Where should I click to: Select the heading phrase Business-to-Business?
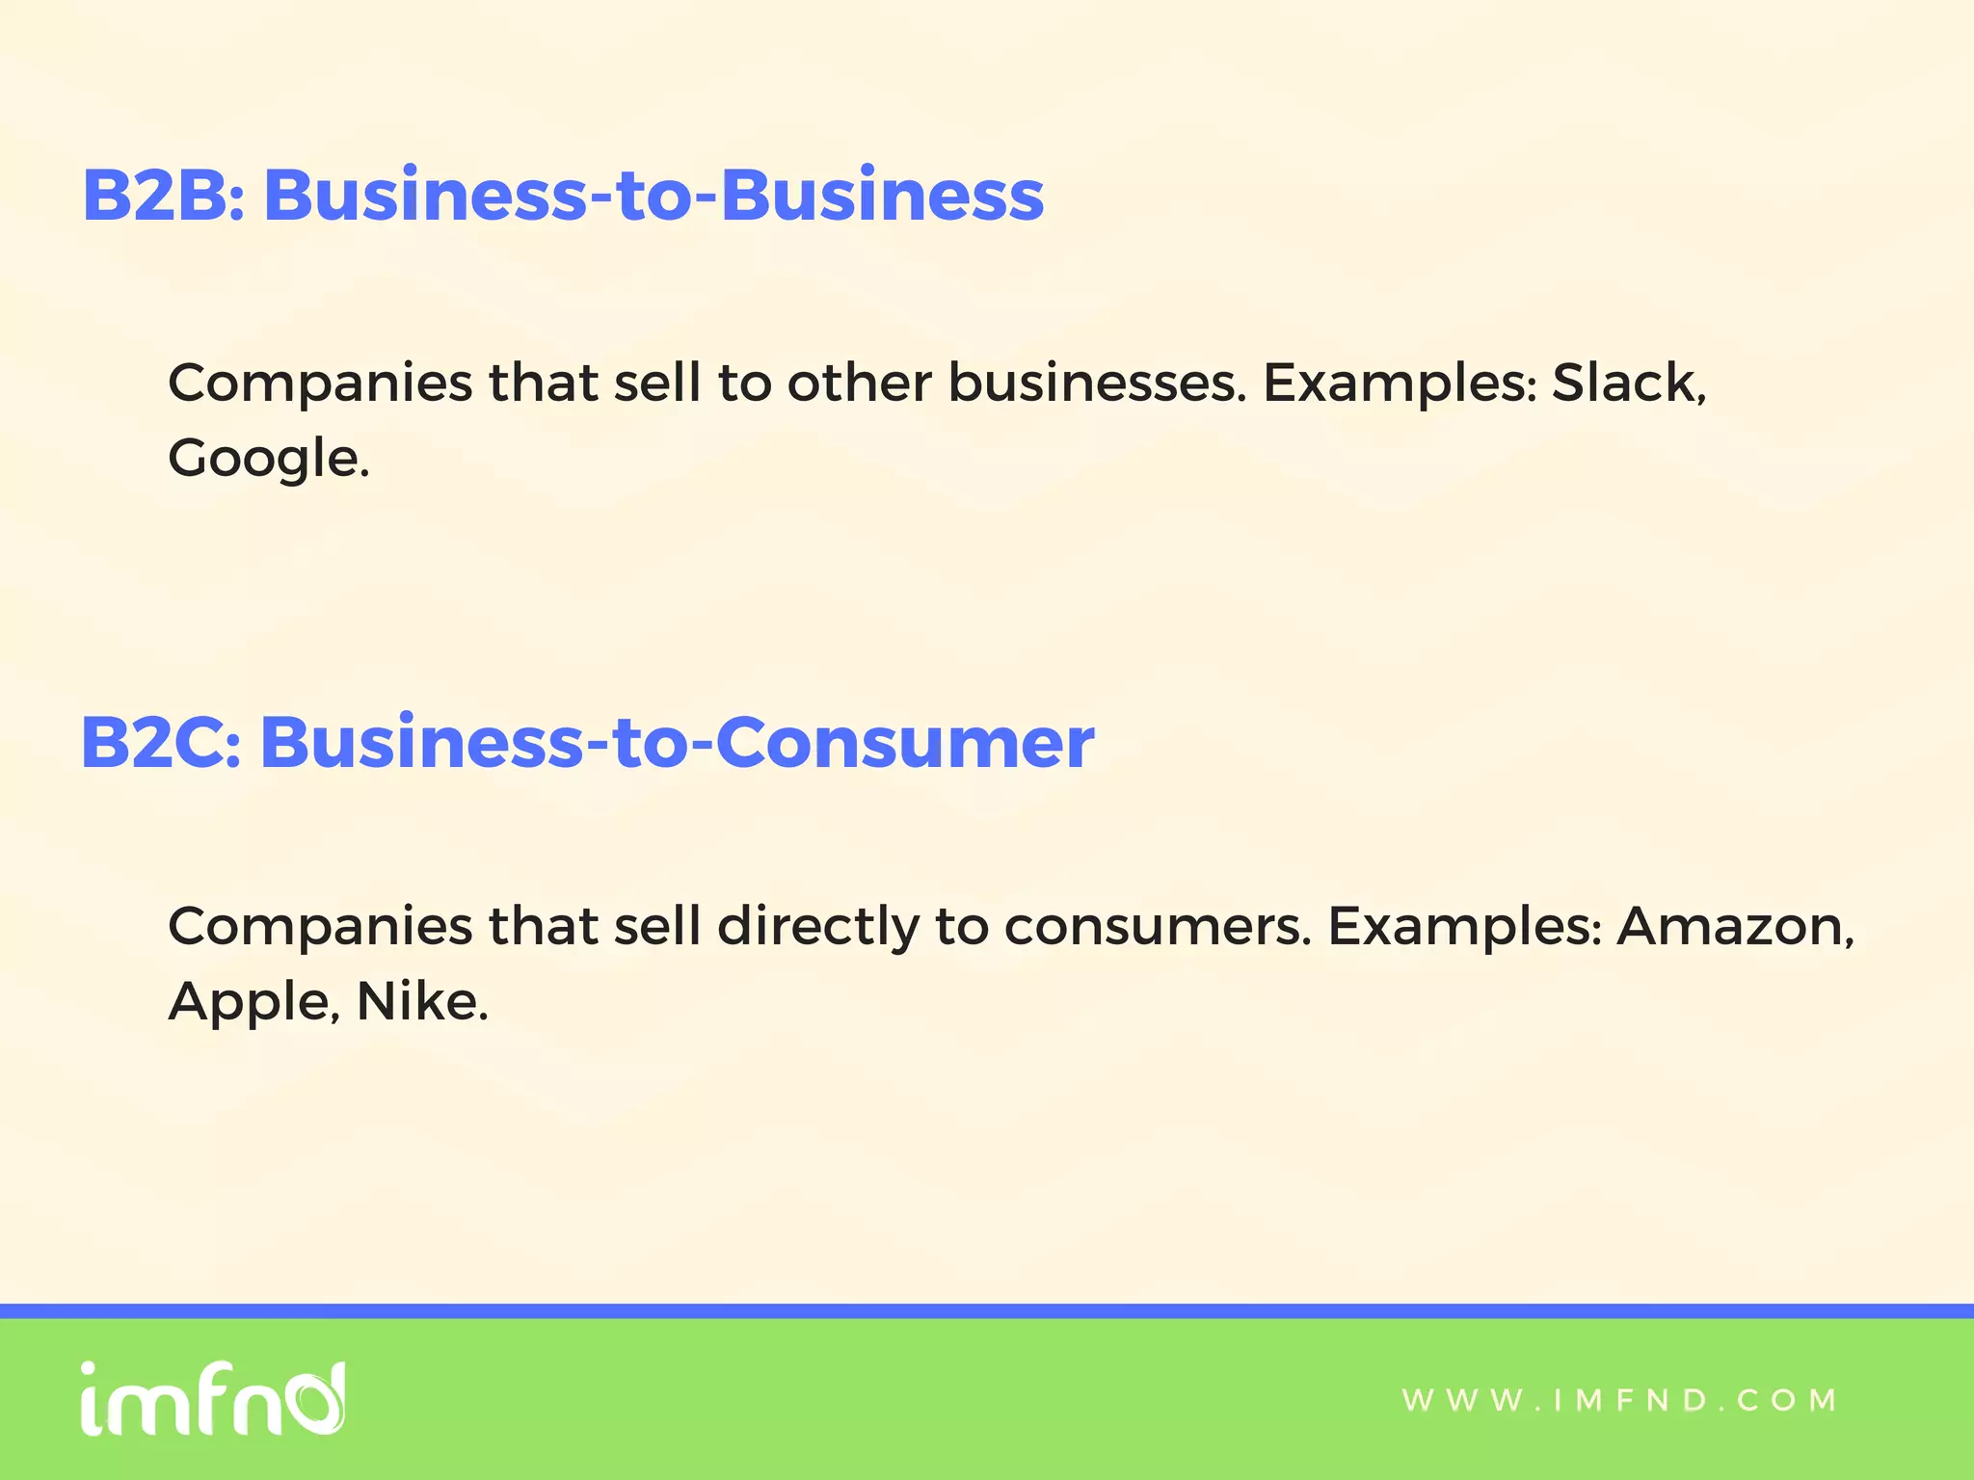click(x=654, y=196)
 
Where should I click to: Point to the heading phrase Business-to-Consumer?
click(x=677, y=743)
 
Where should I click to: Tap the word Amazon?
click(x=1731, y=926)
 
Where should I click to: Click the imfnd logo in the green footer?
click(x=212, y=1399)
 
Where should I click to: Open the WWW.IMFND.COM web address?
click(x=1619, y=1400)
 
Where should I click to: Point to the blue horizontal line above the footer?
click(x=987, y=1310)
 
